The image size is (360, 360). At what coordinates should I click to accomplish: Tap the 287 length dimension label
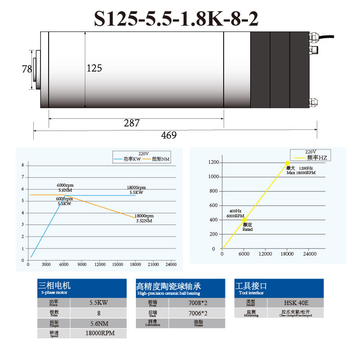pyautogui.click(x=131, y=123)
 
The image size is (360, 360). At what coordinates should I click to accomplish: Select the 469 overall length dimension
pyautogui.click(x=169, y=135)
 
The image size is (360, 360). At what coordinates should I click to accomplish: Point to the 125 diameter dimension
pyautogui.click(x=94, y=68)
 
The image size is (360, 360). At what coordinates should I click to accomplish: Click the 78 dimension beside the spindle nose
pyautogui.click(x=27, y=69)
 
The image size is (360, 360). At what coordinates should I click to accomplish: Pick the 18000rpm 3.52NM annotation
pyautogui.click(x=144, y=218)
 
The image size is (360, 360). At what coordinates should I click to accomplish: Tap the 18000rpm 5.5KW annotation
pyautogui.click(x=136, y=190)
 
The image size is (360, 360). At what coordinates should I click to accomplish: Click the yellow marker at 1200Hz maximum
pyautogui.click(x=287, y=163)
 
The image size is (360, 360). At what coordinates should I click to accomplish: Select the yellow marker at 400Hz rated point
pyautogui.click(x=244, y=220)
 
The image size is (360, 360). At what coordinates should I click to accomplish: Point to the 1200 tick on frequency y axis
pyautogui.click(x=213, y=162)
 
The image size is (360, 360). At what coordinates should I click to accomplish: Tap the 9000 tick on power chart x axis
pyautogui.click(x=81, y=264)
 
